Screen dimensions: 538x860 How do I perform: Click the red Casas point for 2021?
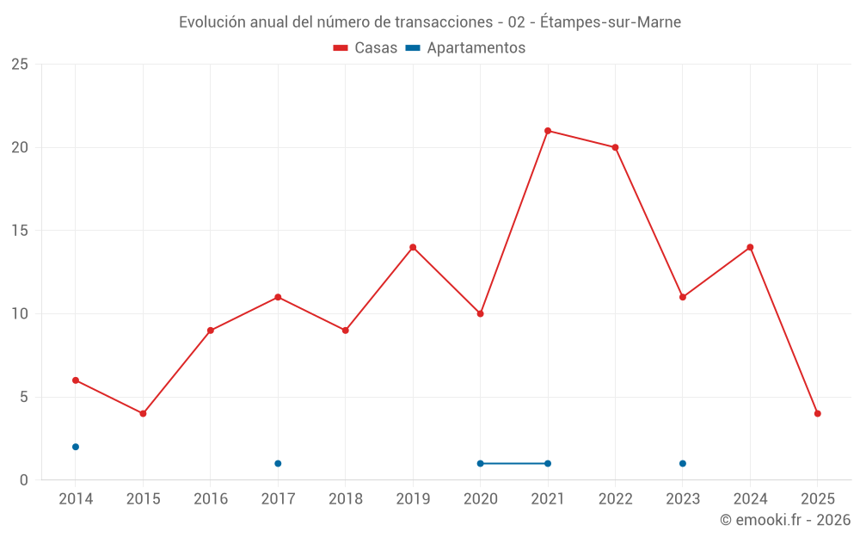548,131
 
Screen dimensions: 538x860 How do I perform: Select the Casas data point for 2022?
615,147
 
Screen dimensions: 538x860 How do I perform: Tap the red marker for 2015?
143,413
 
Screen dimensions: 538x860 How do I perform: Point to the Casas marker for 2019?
413,247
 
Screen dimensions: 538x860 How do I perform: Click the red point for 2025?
817,413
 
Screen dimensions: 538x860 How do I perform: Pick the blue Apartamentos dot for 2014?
76,447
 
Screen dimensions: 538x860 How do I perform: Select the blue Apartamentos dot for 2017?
278,463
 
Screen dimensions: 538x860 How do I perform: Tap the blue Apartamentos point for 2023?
682,463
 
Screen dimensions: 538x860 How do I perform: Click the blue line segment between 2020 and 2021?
513,463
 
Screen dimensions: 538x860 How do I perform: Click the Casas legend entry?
365,48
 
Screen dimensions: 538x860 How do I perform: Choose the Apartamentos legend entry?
465,48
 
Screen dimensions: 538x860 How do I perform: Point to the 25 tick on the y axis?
20,65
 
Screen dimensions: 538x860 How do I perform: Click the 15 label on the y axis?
20,231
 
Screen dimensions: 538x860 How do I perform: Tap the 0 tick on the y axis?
24,479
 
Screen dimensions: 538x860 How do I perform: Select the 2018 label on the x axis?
345,499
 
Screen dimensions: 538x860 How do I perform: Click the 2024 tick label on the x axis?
750,499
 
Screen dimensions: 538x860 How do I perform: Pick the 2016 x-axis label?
211,499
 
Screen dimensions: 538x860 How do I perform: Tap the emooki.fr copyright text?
784,520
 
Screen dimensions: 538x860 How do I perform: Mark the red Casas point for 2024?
750,247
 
